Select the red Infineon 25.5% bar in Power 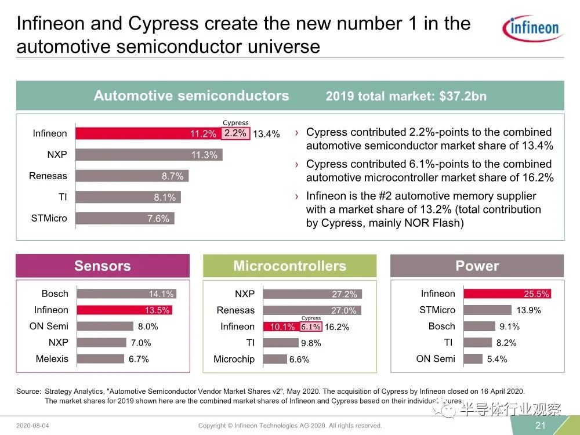(506, 293)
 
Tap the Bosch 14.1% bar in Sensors (125, 293)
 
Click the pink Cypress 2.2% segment (235, 133)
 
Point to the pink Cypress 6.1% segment (311, 327)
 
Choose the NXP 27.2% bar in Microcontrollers (313, 294)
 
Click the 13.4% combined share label (266, 134)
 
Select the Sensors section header (103, 266)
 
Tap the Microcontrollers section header (289, 266)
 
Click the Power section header (477, 266)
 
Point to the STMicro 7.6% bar (125, 219)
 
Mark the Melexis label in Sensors (52, 359)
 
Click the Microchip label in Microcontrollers (234, 359)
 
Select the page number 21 (540, 426)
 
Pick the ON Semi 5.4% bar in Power (473, 359)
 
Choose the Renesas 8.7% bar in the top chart (133, 176)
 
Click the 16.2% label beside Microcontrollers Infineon (337, 327)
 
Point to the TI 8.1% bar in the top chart (129, 197)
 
